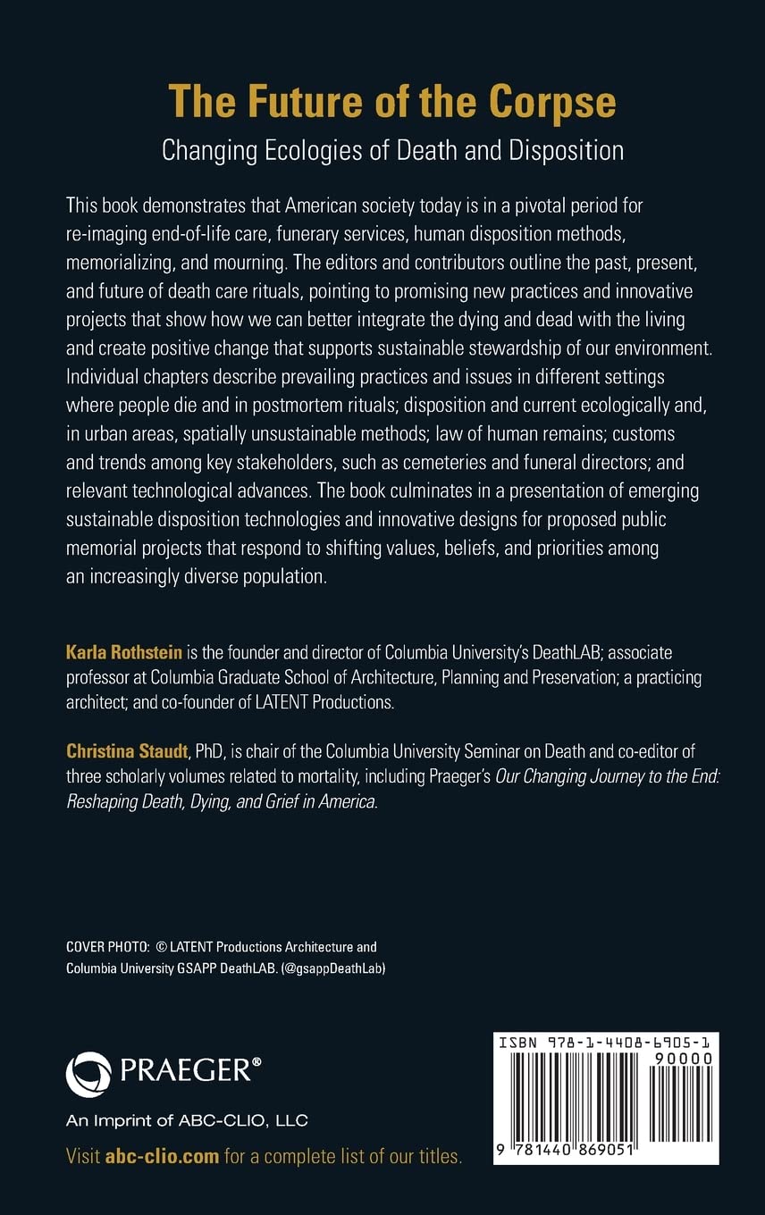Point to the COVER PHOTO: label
pos(108,947)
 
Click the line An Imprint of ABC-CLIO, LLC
pos(187,1120)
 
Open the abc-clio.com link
pos(162,1157)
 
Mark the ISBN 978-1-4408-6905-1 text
pos(605,1043)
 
